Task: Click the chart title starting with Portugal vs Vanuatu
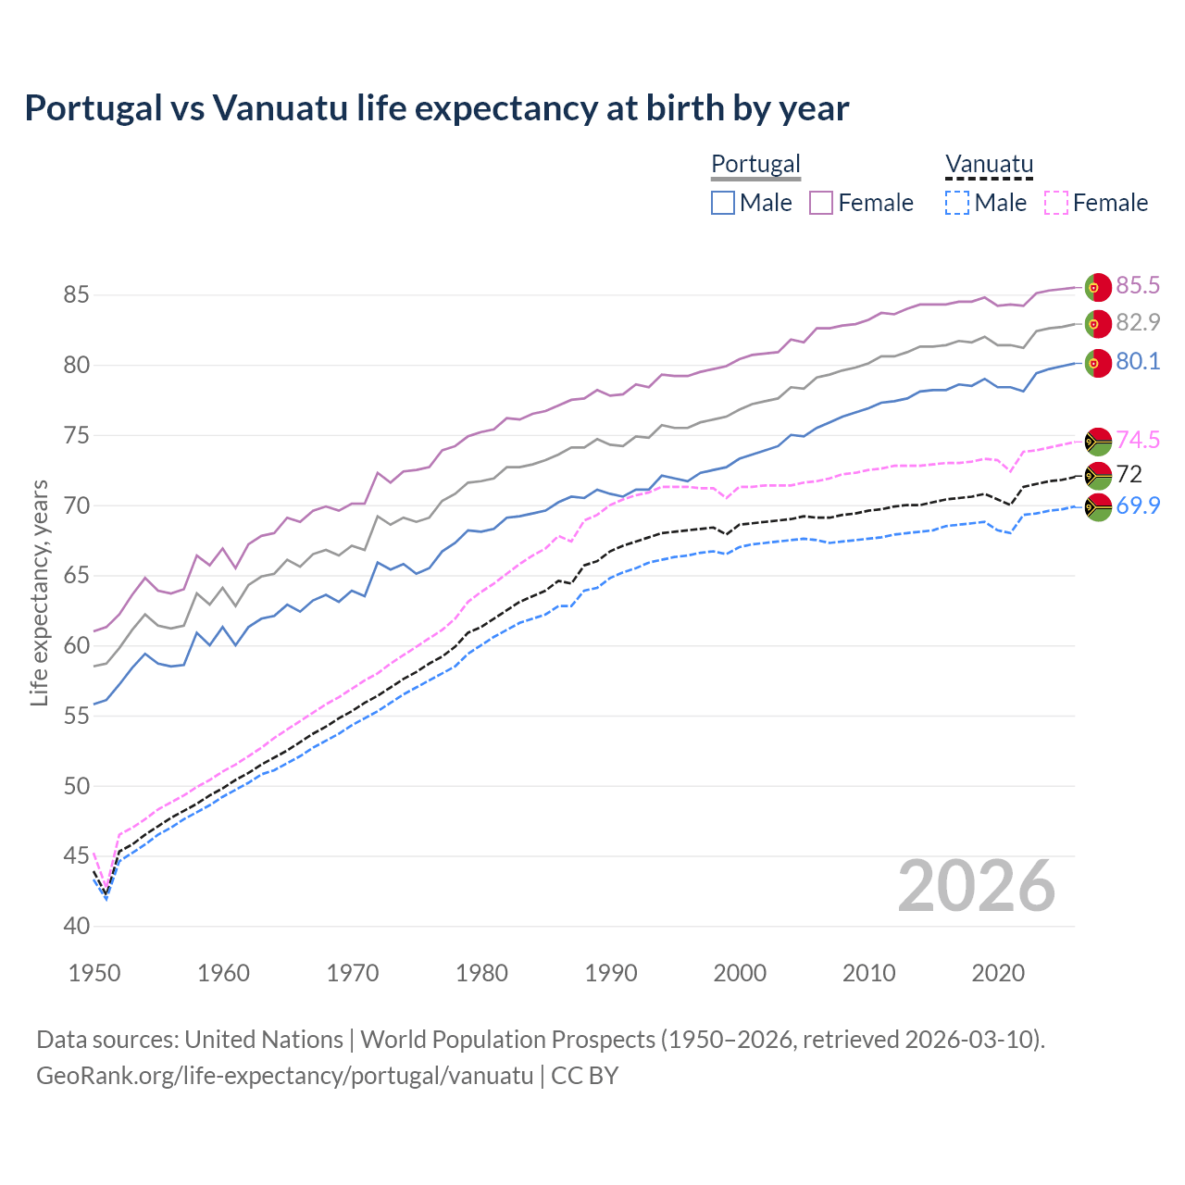(436, 108)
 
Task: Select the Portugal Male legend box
(723, 203)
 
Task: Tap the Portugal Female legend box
(821, 203)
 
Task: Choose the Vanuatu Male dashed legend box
(957, 203)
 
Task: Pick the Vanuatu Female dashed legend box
(1056, 203)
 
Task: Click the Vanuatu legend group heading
(989, 164)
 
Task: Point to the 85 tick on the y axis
(76, 295)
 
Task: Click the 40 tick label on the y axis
(76, 926)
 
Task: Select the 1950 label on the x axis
(94, 973)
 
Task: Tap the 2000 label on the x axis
(740, 973)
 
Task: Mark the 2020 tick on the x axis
(998, 973)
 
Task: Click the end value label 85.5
(1138, 285)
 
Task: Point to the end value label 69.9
(1138, 505)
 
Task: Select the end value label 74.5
(1138, 441)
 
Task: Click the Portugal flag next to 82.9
(1097, 324)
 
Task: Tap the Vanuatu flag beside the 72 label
(1097, 476)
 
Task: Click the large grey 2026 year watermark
(977, 886)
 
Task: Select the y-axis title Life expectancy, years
(39, 592)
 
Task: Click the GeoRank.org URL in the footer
(284, 1076)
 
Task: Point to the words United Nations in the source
(264, 1040)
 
